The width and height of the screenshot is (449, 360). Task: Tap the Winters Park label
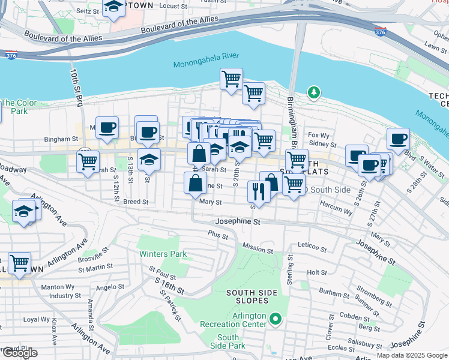point(163,254)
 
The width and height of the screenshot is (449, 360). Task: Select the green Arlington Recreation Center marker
point(276,318)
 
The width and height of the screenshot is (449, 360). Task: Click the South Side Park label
point(228,341)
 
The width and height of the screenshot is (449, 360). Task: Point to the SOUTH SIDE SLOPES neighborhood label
point(251,296)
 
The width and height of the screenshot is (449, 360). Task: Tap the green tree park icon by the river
point(313,92)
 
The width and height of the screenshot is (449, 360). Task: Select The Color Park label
point(14,107)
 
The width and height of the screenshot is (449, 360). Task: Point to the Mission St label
point(258,247)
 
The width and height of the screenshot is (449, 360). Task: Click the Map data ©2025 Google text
point(411,355)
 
